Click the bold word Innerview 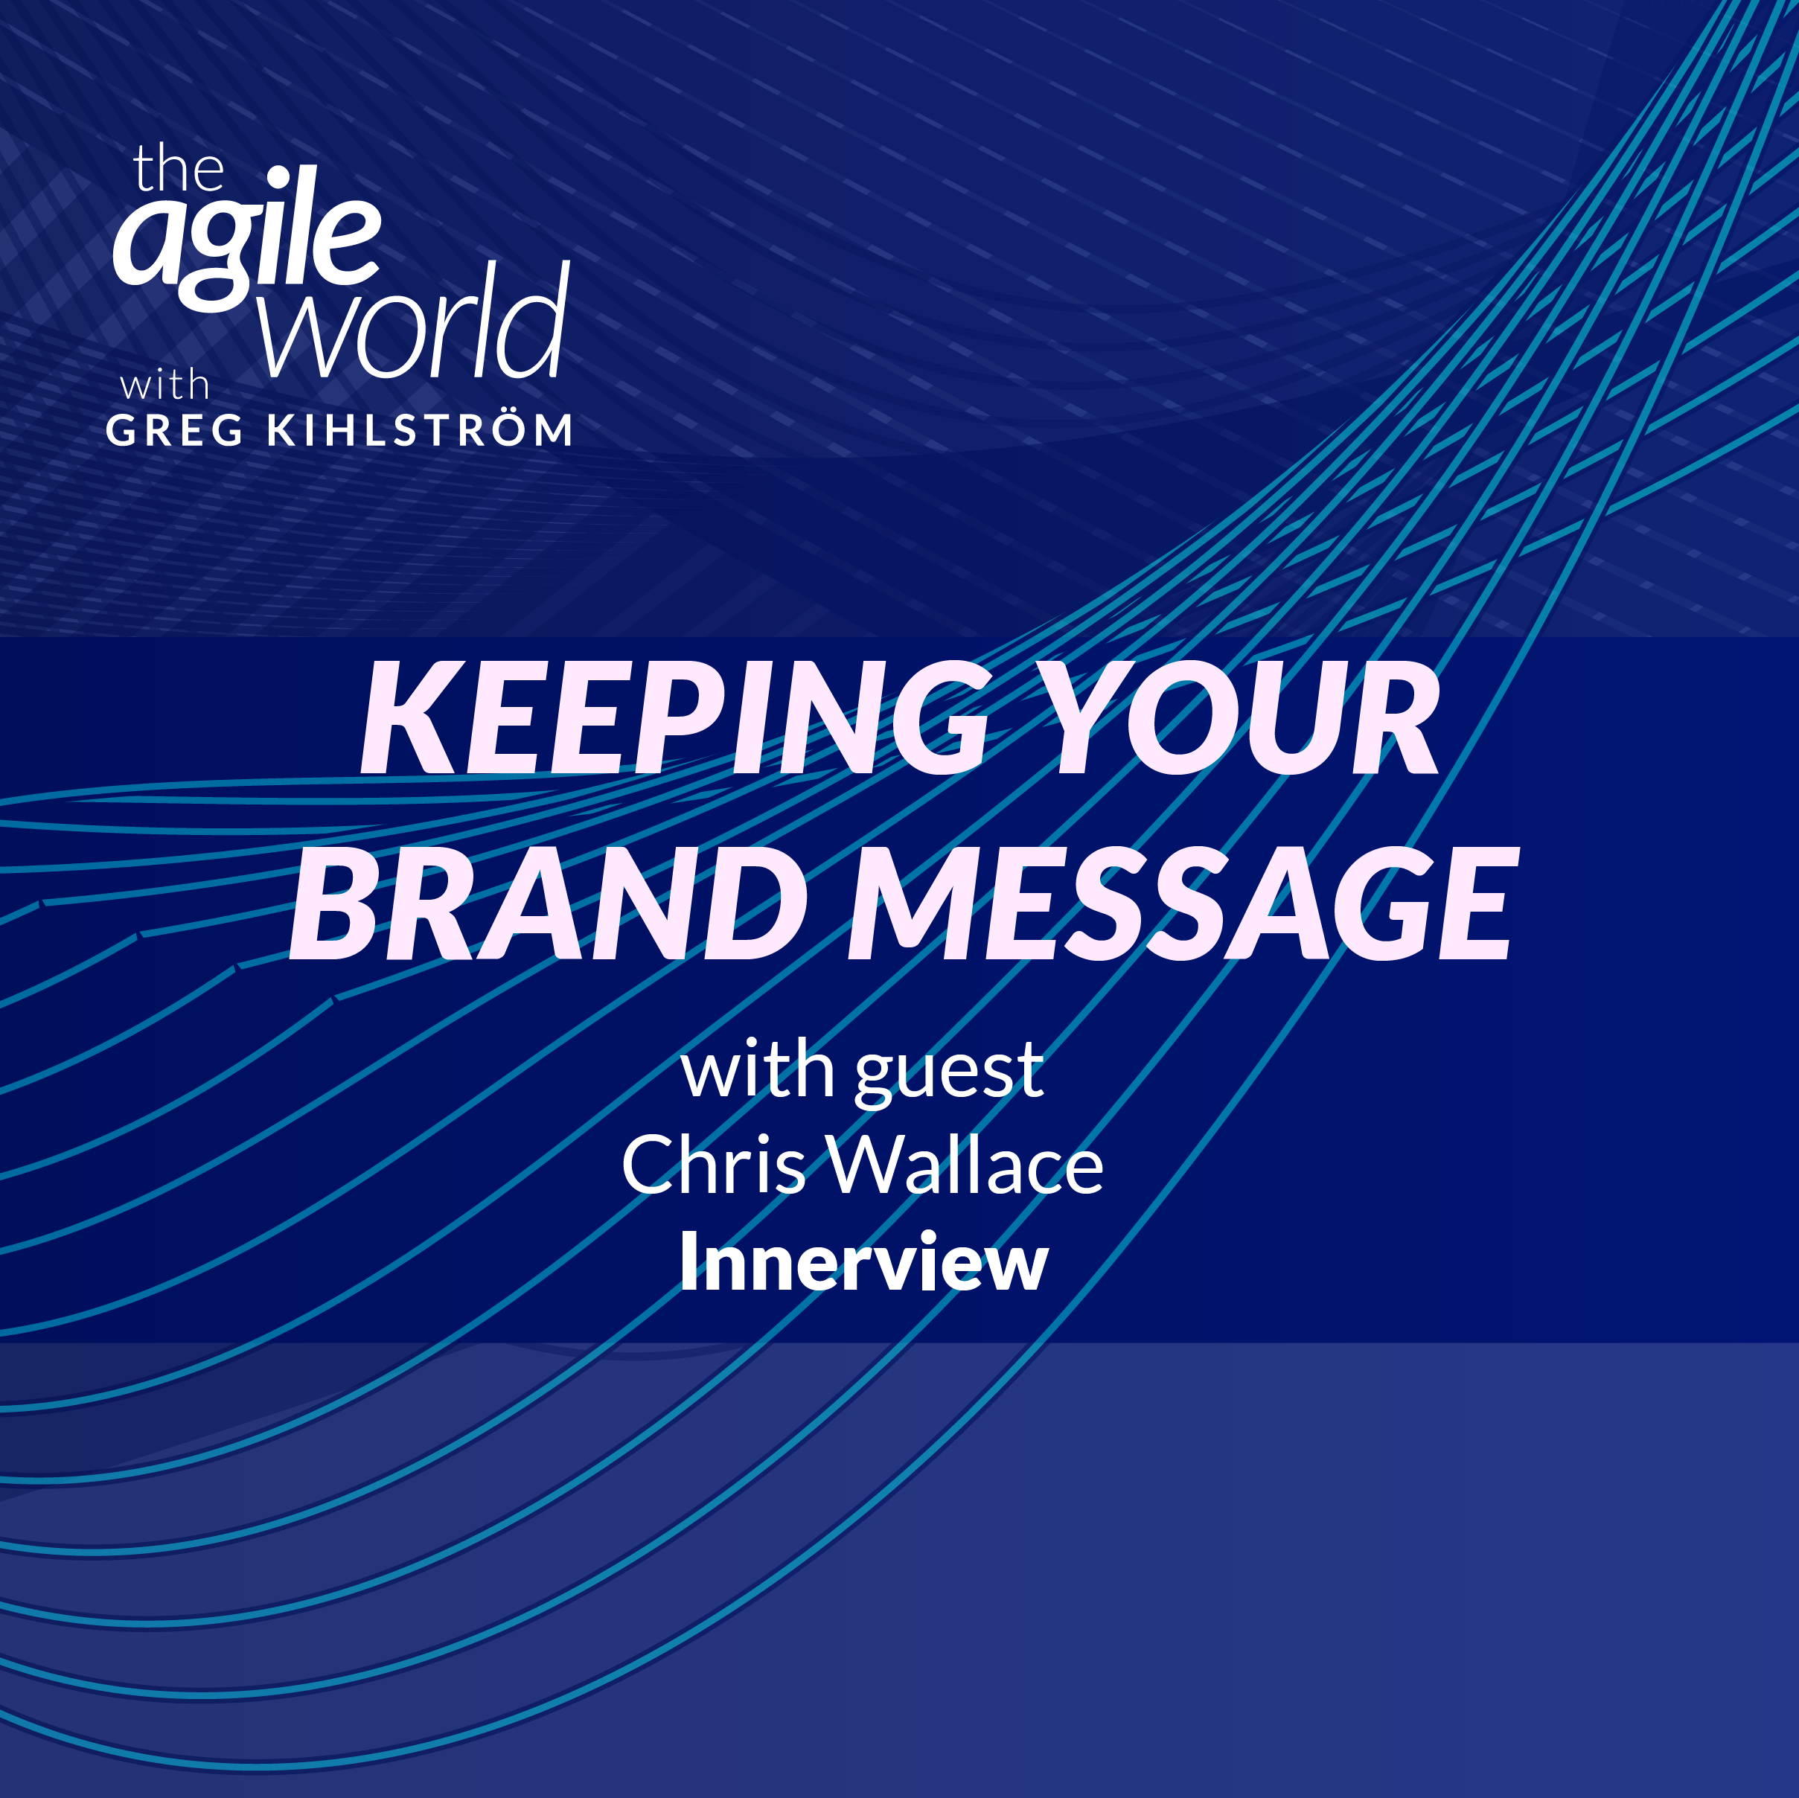point(863,1263)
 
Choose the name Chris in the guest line point(713,1165)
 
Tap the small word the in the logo point(178,170)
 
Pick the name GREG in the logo point(175,430)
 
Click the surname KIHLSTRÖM point(420,430)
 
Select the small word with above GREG point(164,385)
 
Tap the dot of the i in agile point(278,177)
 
